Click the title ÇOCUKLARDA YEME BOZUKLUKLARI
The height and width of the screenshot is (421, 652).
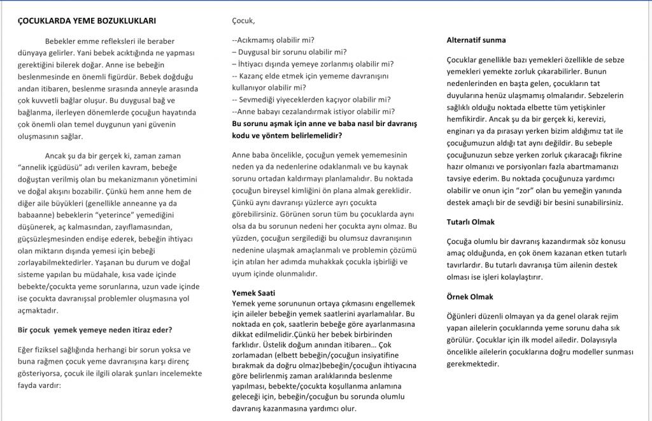[x=87, y=21]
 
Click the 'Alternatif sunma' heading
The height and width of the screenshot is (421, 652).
[x=476, y=40]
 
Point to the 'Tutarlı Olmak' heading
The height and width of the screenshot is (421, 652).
[x=471, y=222]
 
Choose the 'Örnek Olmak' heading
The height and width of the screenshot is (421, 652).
[x=470, y=297]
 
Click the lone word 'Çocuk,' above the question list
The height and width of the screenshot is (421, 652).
[x=243, y=21]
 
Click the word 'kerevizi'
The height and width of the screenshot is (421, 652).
[x=607, y=119]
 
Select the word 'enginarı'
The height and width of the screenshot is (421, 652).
[x=462, y=131]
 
